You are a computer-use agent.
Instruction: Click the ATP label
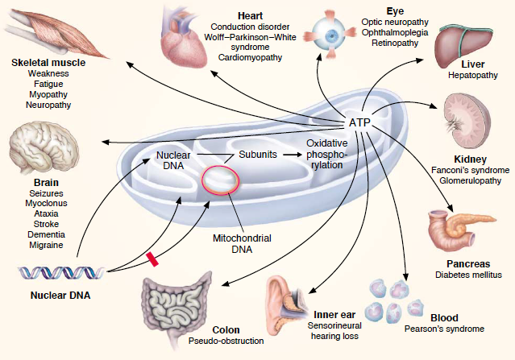pyautogui.click(x=359, y=122)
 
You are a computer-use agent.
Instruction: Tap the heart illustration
pyautogui.click(x=186, y=40)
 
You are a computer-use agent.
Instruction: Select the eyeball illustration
pyautogui.click(x=334, y=27)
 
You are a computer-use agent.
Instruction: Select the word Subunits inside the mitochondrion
pyautogui.click(x=258, y=153)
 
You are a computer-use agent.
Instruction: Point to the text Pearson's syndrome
pyautogui.click(x=444, y=329)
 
